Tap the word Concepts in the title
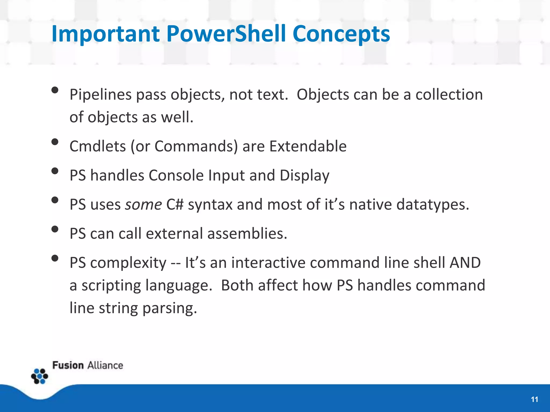pos(341,34)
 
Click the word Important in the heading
pos(106,34)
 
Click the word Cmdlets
pos(97,146)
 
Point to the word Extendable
pos(308,146)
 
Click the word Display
pos(304,176)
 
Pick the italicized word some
pos(143,205)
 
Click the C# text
pos(175,205)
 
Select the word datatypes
pos(432,205)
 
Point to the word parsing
pos(170,308)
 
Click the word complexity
pos(128,263)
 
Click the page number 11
pos(534,400)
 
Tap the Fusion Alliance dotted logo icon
pos(40,376)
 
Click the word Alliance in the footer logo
pos(105,366)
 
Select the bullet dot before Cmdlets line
pos(55,142)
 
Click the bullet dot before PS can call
pos(55,229)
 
